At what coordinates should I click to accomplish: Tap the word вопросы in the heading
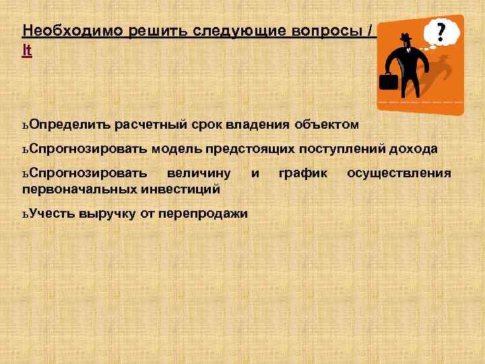[x=331, y=31]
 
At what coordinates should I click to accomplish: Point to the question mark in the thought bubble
[x=441, y=32]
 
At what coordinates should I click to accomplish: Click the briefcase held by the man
[x=388, y=82]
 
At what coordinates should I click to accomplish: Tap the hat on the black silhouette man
[x=406, y=38]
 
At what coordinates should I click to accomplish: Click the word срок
[x=201, y=125]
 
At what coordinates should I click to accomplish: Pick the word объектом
[x=327, y=125]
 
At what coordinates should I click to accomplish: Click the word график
[x=303, y=174]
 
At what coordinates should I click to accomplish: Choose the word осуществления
[x=399, y=174]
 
